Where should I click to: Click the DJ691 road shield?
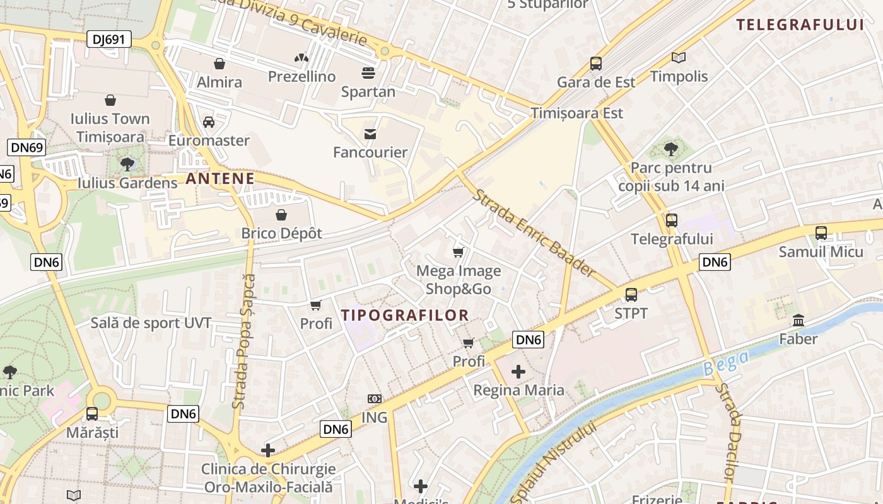(109, 40)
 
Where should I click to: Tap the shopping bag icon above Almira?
(219, 64)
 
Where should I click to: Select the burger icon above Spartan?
(368, 73)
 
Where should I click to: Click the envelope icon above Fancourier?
(370, 134)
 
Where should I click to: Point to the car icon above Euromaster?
(209, 122)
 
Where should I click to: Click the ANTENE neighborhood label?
(220, 178)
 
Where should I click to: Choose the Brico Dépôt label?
(281, 233)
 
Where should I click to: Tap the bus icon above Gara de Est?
(596, 63)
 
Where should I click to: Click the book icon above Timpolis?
(679, 58)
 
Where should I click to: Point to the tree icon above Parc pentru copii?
(671, 149)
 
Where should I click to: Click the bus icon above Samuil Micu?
(821, 233)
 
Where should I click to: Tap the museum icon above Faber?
(798, 320)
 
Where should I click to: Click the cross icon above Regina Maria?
(518, 372)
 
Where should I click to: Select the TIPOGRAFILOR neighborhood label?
(405, 315)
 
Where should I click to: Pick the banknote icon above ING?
(375, 399)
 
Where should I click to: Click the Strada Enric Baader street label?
(534, 233)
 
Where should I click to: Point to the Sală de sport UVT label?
(151, 323)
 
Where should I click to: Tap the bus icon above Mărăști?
(92, 414)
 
